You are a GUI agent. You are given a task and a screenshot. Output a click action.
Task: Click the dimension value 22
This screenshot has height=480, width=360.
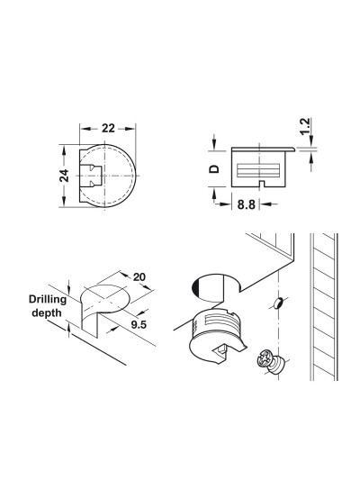pos(108,128)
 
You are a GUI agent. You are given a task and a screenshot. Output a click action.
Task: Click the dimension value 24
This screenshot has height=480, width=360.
pos(64,176)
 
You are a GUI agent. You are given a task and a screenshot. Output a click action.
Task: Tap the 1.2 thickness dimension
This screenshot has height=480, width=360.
pos(305,126)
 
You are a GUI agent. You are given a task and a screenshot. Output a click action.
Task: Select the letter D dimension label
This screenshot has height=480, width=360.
pos(214,168)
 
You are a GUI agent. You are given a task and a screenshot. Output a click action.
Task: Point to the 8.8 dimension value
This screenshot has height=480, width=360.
pos(247,204)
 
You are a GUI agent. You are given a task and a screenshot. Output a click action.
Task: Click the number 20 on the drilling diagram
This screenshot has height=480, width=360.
pos(139,277)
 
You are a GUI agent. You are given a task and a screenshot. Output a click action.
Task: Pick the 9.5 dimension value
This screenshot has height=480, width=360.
pos(139,324)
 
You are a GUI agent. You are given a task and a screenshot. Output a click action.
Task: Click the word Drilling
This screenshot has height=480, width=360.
pos(48,299)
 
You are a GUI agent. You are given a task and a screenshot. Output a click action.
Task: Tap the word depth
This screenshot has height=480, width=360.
pos(47,312)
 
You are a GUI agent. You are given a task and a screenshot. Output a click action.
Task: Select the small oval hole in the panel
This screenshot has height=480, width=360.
pos(278,303)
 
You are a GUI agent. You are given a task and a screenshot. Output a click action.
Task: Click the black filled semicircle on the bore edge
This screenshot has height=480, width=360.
pos(195,288)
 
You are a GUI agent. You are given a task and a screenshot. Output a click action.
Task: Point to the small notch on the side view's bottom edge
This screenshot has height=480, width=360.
pos(261,184)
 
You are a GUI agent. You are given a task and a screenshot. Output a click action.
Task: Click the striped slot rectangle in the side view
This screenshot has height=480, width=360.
pos(258,170)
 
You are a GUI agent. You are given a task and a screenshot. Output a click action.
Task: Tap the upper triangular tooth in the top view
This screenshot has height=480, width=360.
pos(91,168)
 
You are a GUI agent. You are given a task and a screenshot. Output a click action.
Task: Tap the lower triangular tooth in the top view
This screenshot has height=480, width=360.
pos(91,184)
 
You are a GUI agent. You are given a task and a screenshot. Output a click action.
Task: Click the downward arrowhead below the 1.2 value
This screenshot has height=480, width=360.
pos(311,140)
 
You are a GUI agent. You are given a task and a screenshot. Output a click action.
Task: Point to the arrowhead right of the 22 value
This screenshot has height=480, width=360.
pos(130,128)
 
